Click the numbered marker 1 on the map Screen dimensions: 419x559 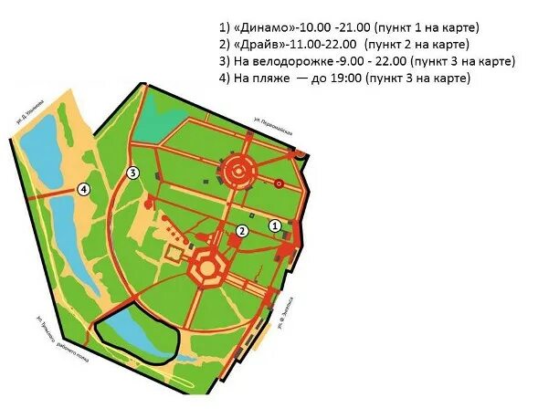click(273, 225)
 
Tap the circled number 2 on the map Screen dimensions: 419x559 click(242, 231)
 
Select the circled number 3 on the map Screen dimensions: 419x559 click(132, 173)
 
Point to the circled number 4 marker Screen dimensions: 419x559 click(84, 189)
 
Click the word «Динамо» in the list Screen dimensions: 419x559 click(264, 27)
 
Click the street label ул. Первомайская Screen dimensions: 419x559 click(272, 126)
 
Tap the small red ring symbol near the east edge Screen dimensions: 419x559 click(279, 183)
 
